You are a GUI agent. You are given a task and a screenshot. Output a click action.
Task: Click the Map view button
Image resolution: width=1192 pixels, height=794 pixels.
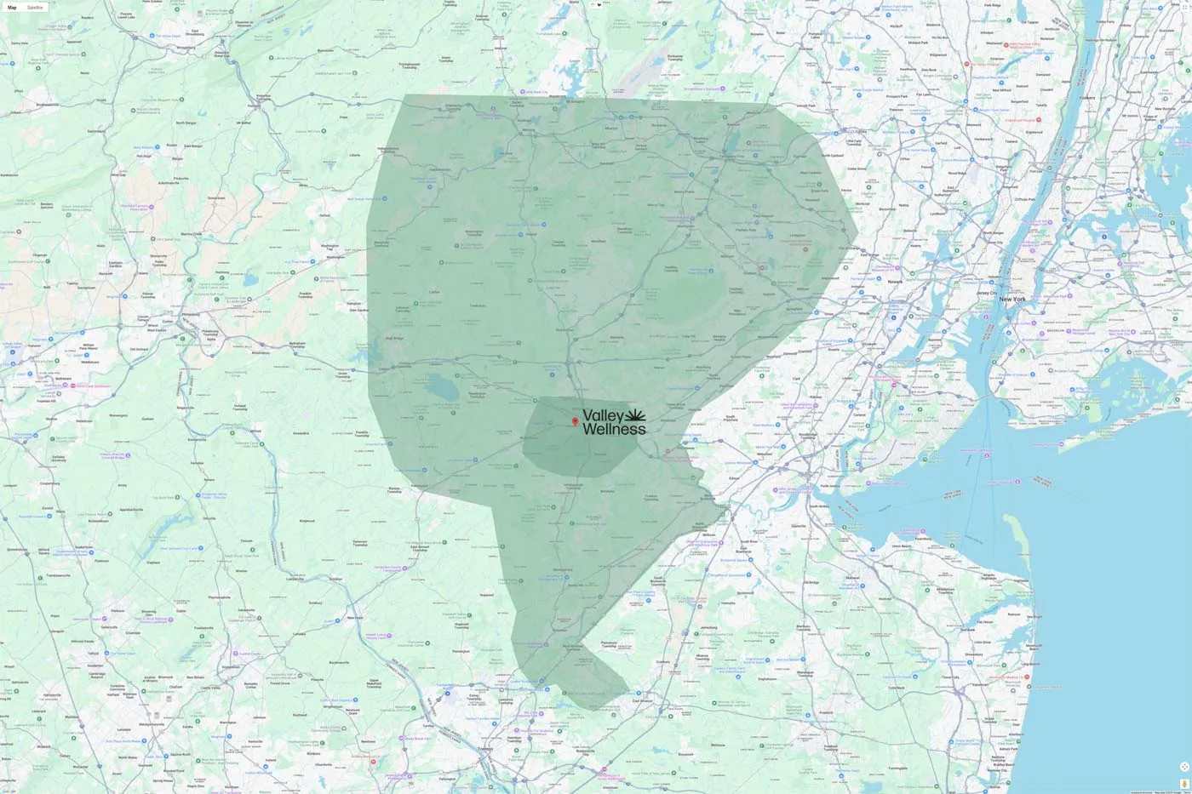[x=12, y=8]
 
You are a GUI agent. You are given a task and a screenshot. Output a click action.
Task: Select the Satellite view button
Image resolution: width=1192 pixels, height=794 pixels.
[x=35, y=8]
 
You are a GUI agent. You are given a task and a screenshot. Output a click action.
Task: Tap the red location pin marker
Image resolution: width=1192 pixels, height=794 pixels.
[x=575, y=421]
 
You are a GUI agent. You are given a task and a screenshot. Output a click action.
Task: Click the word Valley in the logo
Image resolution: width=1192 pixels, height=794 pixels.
[x=604, y=416]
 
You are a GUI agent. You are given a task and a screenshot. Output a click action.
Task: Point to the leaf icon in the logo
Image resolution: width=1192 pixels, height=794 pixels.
[x=636, y=415]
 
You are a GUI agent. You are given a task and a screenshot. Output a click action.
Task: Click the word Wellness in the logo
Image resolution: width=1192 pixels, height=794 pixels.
[x=614, y=430]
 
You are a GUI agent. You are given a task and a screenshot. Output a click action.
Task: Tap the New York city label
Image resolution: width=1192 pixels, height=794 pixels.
[x=1012, y=300]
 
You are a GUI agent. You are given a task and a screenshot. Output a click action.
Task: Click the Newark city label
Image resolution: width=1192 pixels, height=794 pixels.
[x=895, y=282]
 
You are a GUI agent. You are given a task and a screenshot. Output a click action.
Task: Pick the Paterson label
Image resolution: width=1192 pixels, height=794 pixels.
[x=896, y=110]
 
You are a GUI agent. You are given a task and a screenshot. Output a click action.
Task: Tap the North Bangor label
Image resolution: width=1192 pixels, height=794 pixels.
[x=186, y=123]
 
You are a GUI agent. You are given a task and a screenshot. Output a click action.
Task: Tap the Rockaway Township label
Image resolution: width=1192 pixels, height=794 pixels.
[x=674, y=59]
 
